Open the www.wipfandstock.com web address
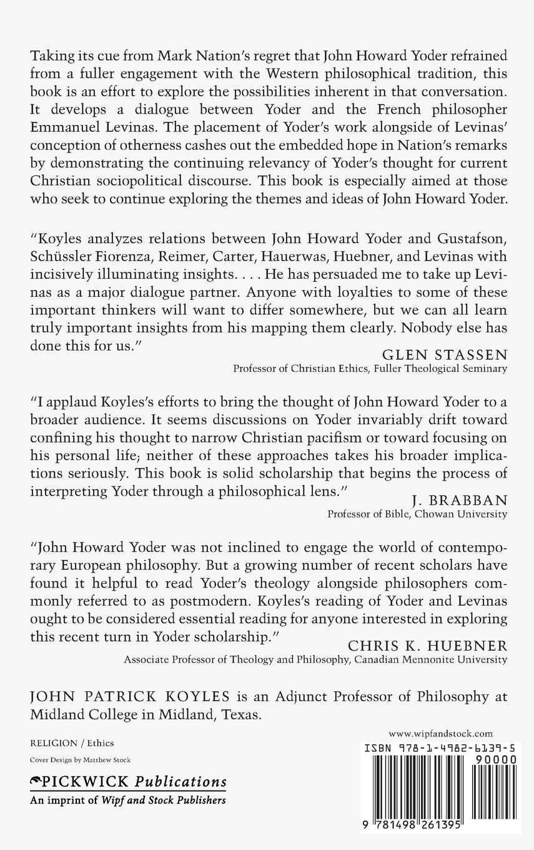[x=440, y=734]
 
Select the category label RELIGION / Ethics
[x=72, y=743]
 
